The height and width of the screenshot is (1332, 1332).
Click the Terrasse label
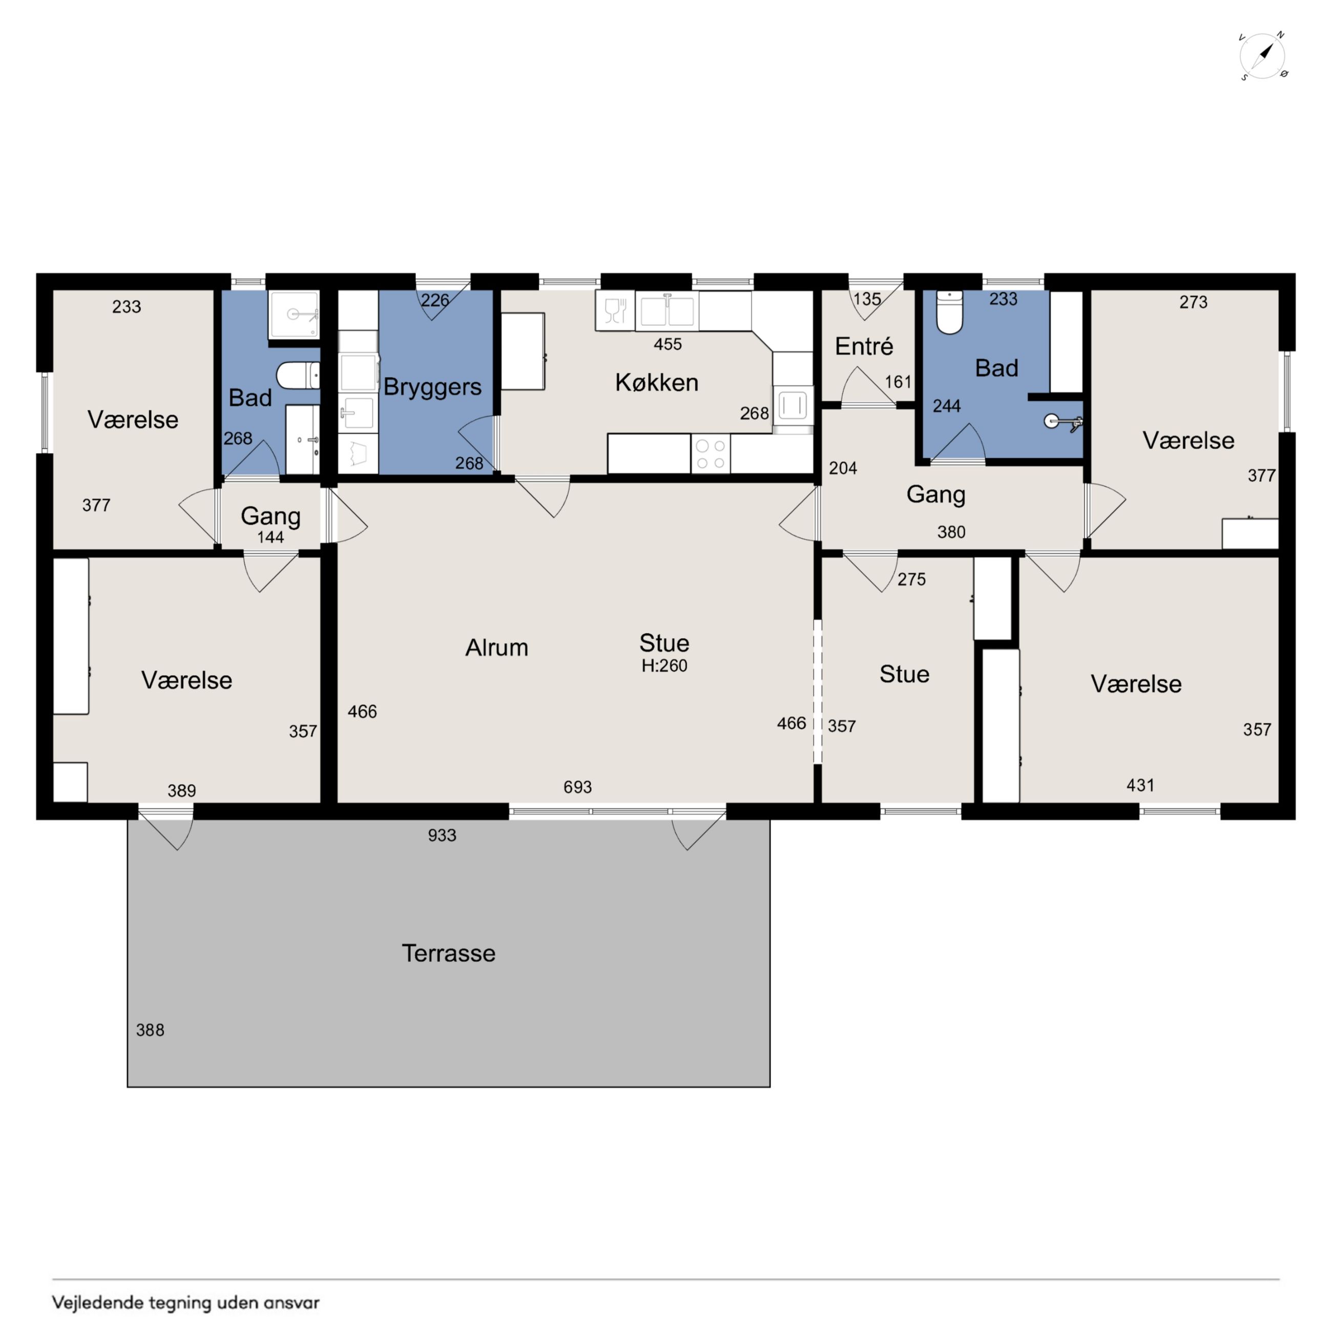coord(449,953)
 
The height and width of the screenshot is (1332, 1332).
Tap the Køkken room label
coord(656,383)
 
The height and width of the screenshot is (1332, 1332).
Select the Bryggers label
coord(432,387)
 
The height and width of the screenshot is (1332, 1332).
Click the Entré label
coord(864,346)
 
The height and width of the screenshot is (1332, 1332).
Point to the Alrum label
coord(496,648)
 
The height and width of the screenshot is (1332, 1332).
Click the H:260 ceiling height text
coord(664,666)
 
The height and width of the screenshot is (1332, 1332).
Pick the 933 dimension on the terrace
coord(442,836)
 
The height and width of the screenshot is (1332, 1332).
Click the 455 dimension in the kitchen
coord(668,344)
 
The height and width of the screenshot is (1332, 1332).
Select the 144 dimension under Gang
coord(270,537)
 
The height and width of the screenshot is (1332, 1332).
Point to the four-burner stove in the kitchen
coord(710,454)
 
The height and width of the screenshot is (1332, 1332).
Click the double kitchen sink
coord(667,311)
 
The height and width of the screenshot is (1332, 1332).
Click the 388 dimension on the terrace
coord(150,1030)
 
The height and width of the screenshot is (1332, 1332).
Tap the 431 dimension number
coord(1140,785)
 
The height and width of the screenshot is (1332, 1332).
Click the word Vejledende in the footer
coord(98,1303)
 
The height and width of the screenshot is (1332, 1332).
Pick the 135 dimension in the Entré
coord(867,299)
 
